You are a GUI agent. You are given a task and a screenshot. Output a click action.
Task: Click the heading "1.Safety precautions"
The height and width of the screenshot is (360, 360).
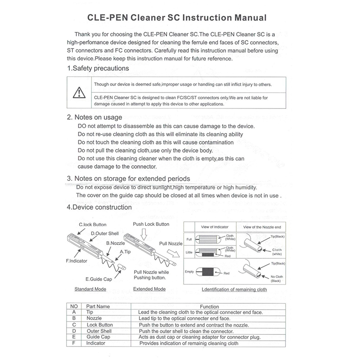[x=98, y=68]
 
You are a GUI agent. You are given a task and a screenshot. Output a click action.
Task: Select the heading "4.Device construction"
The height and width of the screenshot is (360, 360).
[x=99, y=207]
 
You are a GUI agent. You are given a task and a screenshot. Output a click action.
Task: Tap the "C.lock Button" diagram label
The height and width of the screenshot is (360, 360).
[x=93, y=224]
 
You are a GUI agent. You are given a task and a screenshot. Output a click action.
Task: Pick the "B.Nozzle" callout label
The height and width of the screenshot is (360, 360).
[x=115, y=243]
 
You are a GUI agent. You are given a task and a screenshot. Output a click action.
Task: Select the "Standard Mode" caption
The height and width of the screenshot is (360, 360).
[x=90, y=289]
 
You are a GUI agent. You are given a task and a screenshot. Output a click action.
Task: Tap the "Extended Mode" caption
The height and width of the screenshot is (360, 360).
[x=149, y=289]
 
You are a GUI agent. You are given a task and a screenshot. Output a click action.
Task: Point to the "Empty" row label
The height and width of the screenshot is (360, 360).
[x=189, y=271]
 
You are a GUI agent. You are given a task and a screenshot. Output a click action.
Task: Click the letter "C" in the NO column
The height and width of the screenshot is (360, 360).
[x=73, y=324]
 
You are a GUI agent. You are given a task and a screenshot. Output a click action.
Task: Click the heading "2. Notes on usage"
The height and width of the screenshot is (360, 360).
[x=94, y=117]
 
